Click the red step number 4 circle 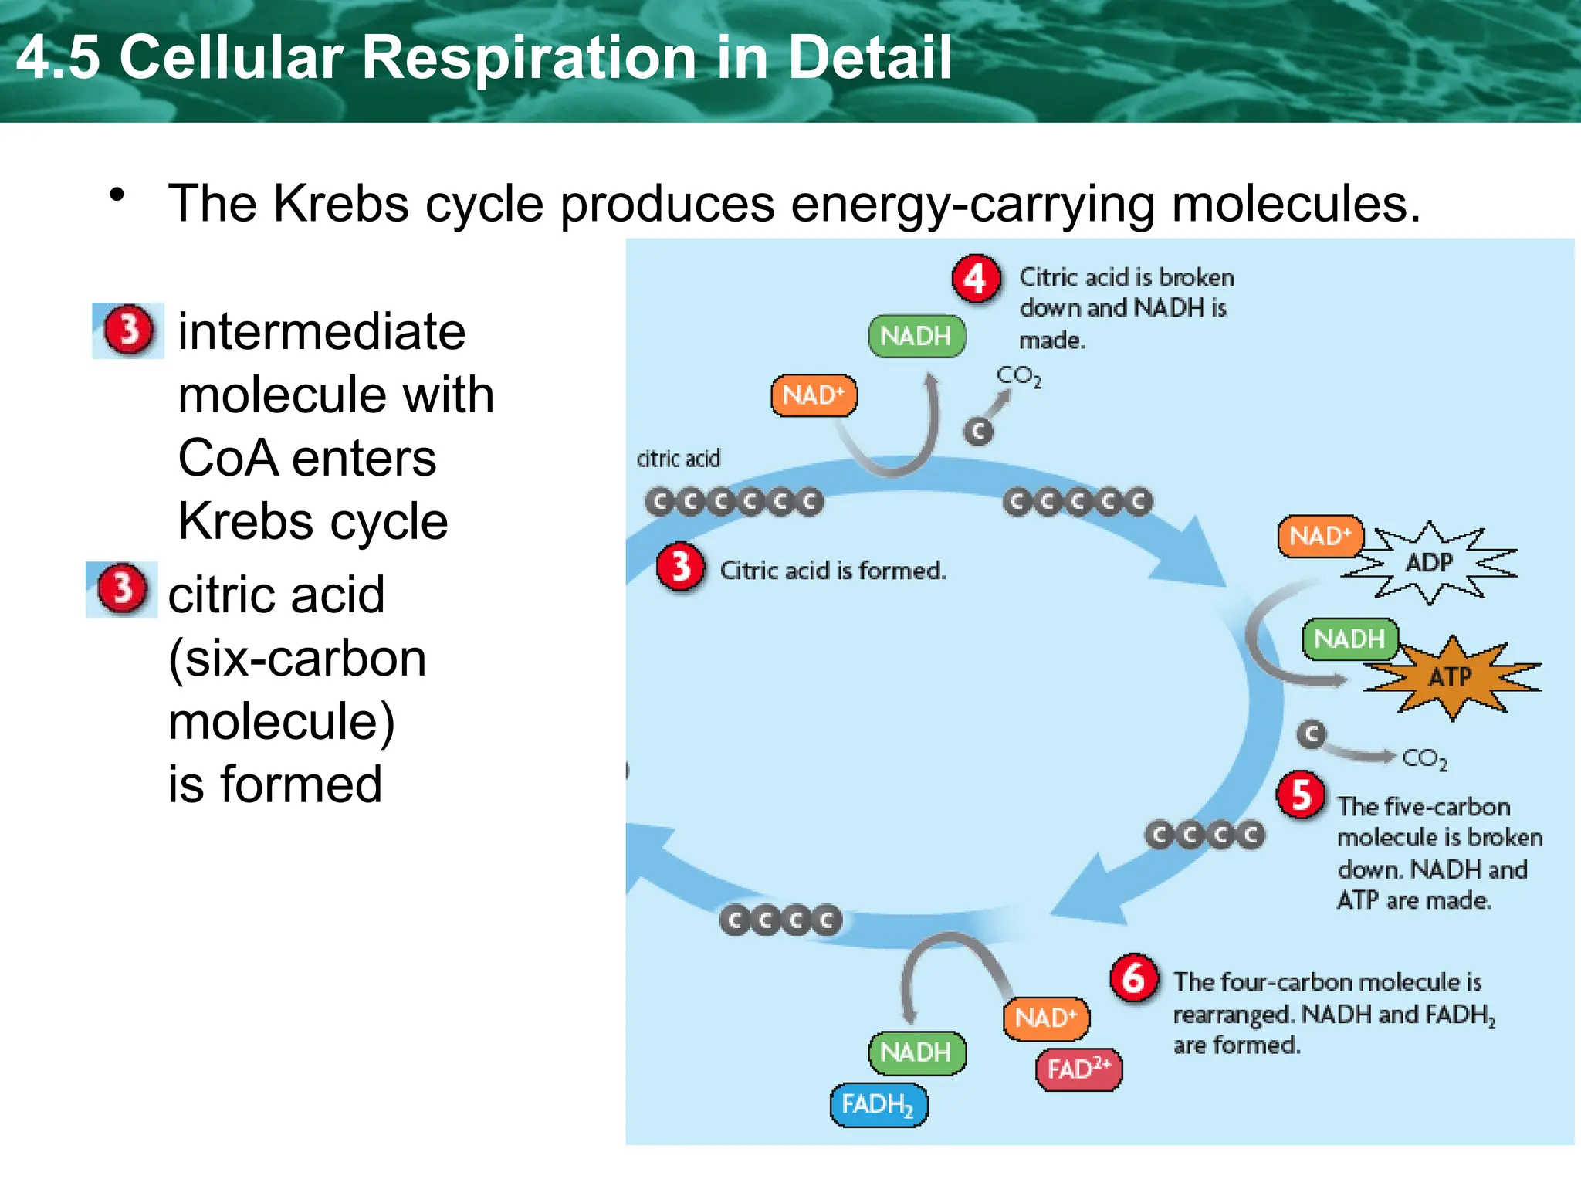click(976, 280)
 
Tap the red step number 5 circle click(1301, 795)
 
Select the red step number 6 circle click(1134, 978)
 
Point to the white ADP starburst click(1429, 562)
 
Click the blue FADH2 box click(879, 1104)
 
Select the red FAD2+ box click(1078, 1069)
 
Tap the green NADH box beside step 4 click(916, 336)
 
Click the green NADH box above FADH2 click(916, 1052)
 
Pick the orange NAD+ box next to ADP click(1320, 536)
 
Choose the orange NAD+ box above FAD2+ click(1046, 1018)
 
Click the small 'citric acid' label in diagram click(678, 459)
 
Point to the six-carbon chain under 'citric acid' click(734, 503)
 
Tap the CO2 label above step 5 click(1424, 759)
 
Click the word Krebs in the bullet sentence click(341, 203)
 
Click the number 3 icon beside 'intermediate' click(128, 330)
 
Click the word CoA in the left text click(228, 458)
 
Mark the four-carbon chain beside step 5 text click(1204, 835)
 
